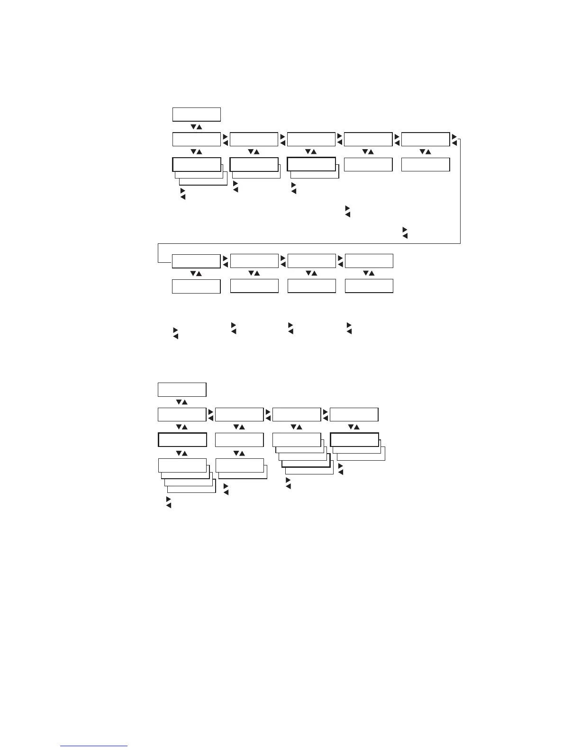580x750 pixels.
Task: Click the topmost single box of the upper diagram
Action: (x=196, y=115)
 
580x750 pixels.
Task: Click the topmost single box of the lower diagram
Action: (x=182, y=389)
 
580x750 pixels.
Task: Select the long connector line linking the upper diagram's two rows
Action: (x=308, y=243)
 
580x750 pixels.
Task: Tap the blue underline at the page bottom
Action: (x=94, y=746)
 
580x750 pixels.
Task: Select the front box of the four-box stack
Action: (x=182, y=465)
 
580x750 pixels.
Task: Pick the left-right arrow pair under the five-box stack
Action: (x=288, y=483)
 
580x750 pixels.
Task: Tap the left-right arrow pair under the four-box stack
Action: (x=168, y=503)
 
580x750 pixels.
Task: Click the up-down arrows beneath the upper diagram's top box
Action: (x=196, y=127)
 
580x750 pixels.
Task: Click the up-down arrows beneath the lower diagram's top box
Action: (x=182, y=402)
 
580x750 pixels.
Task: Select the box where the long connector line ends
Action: (x=196, y=261)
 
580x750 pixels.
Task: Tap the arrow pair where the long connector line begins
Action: (x=454, y=139)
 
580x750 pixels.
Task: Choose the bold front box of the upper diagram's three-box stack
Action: (x=196, y=164)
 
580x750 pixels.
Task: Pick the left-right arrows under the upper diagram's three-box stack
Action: (x=183, y=193)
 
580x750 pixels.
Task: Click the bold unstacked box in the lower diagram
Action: (x=182, y=439)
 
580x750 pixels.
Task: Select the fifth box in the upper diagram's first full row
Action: (x=425, y=139)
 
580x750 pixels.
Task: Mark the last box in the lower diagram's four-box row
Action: (x=354, y=414)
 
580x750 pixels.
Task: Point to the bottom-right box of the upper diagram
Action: (x=369, y=286)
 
